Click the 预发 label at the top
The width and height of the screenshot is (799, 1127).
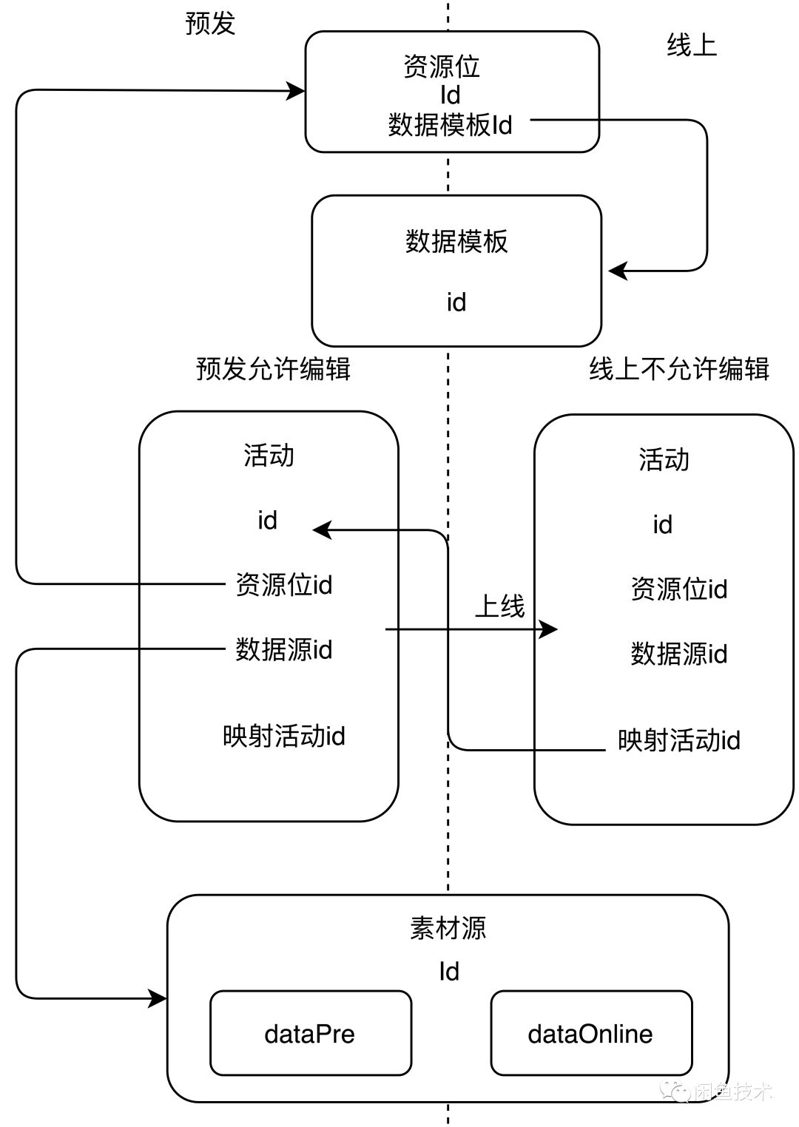tap(210, 24)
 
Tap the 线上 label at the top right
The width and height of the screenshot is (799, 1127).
tap(692, 46)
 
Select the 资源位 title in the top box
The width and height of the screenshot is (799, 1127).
tap(442, 67)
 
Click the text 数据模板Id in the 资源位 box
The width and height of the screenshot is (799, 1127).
tap(450, 125)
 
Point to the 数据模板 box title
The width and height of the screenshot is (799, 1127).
tap(456, 242)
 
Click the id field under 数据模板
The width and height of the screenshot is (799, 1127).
tap(456, 302)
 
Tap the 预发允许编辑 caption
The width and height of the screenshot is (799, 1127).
tap(273, 368)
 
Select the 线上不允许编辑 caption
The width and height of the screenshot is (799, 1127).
tap(679, 368)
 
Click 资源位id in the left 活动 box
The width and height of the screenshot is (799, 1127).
tap(284, 585)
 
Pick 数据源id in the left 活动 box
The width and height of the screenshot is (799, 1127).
tap(284, 650)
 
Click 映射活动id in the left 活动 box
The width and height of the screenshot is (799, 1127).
tap(284, 737)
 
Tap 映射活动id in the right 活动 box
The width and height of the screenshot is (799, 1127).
tap(679, 741)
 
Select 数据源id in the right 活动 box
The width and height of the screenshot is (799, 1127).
tap(679, 654)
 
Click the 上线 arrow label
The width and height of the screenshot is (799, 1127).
tap(499, 606)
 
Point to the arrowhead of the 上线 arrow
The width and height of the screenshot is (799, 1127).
tap(549, 629)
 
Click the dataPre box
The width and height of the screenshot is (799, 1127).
tap(310, 1033)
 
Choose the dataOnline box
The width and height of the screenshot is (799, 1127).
tap(590, 1033)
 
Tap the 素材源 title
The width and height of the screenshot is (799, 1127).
tap(448, 928)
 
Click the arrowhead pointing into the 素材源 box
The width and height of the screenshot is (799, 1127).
tap(158, 998)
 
